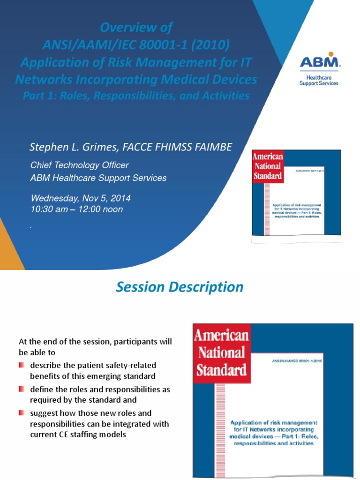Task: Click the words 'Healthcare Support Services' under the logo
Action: pyautogui.click(x=319, y=80)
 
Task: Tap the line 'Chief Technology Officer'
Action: pyautogui.click(x=79, y=165)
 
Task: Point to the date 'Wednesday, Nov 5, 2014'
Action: pyautogui.click(x=81, y=198)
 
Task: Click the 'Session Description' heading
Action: pyautogui.click(x=180, y=287)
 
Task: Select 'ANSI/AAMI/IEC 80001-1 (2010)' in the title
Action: pyautogui.click(x=136, y=45)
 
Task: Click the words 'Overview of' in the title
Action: pyautogui.click(x=136, y=28)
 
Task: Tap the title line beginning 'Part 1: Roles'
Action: pyautogui.click(x=136, y=96)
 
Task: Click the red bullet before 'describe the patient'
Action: pyautogui.click(x=22, y=365)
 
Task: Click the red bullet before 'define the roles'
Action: pyautogui.click(x=22, y=390)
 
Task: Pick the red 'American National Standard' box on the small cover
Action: pyautogui.click(x=268, y=166)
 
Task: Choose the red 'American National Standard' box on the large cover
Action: pyautogui.click(x=221, y=352)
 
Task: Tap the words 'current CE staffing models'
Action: pyautogui.click(x=79, y=435)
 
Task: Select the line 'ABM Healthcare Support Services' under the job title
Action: pyautogui.click(x=98, y=178)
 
